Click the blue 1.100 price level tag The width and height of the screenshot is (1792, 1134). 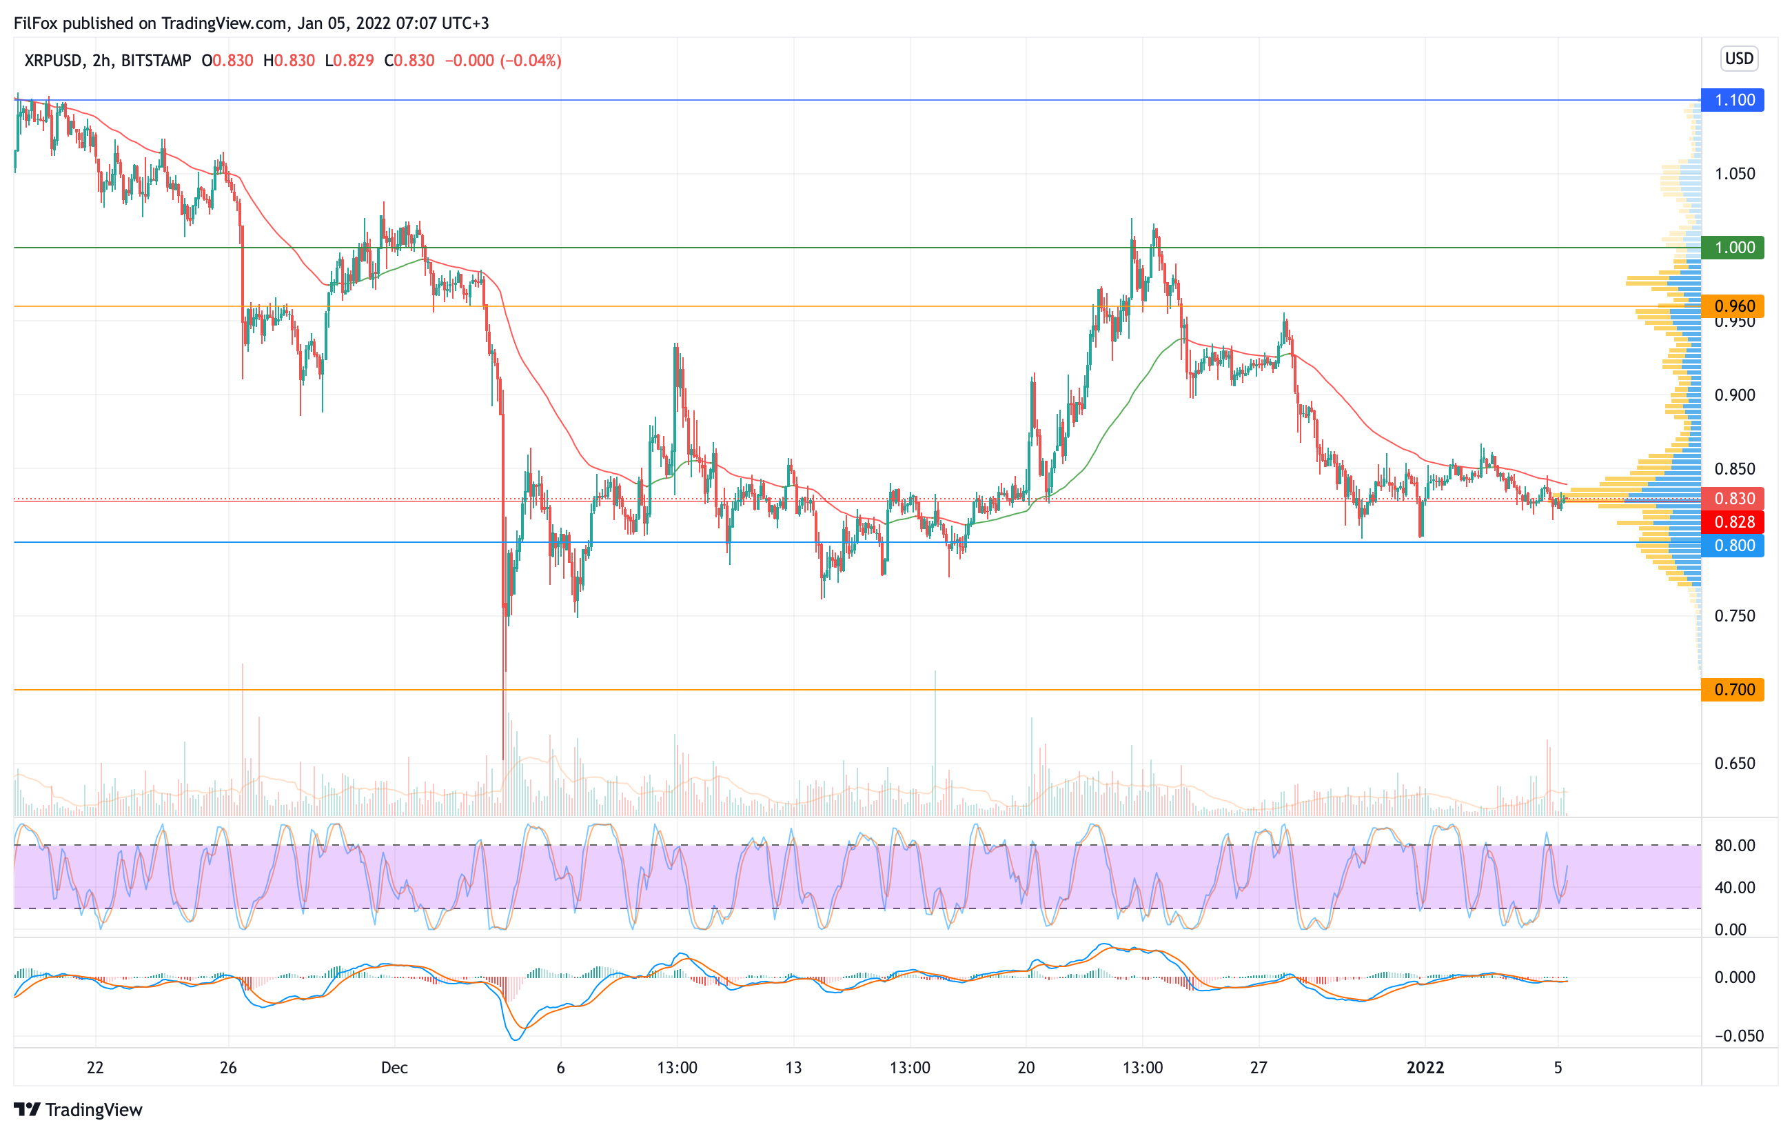1733,100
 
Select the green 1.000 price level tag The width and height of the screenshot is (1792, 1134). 1733,247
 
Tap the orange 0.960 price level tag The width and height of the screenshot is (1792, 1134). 1733,306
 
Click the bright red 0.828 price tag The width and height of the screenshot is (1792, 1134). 1733,522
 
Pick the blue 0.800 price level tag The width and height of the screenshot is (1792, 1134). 1733,545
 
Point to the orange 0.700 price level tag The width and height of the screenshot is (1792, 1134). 1733,690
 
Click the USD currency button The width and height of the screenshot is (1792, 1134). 1739,59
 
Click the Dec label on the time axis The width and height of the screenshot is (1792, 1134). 394,1068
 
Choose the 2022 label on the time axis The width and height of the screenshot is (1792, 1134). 1425,1068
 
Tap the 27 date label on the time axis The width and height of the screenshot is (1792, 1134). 1258,1068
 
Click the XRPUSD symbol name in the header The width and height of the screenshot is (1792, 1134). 53,60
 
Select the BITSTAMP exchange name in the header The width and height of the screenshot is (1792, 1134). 156,60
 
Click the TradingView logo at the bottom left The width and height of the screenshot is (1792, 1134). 78,1109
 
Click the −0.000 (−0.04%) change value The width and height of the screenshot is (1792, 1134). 503,60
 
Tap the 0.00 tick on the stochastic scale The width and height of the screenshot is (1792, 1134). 1730,929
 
